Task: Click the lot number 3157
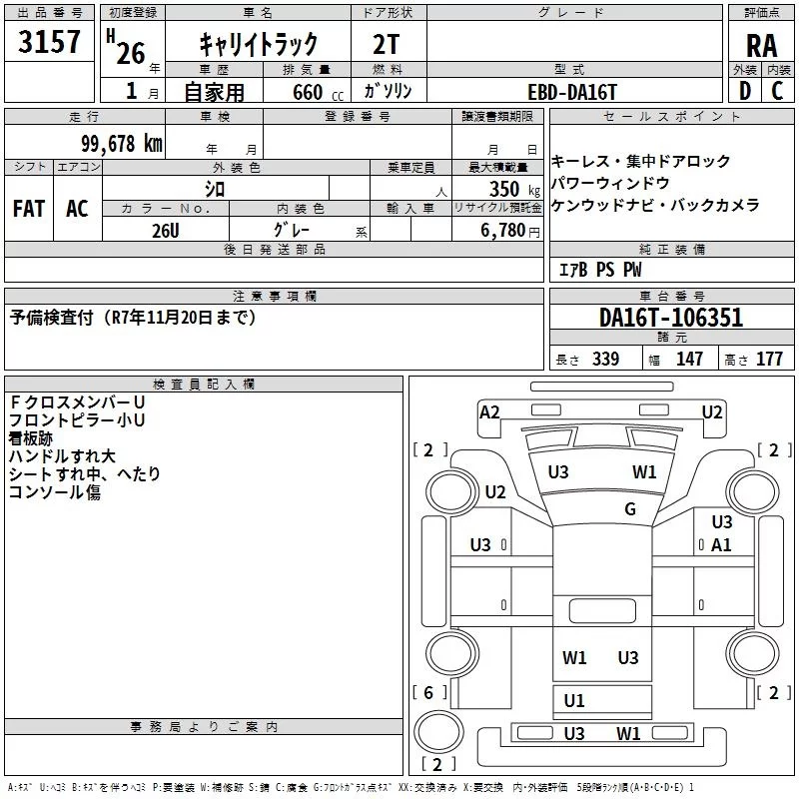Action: tap(49, 42)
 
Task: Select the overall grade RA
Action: tap(762, 46)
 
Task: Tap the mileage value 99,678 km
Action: tap(122, 144)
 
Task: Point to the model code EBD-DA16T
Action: tap(572, 92)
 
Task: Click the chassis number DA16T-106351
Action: tap(671, 318)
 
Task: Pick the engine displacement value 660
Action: tap(308, 92)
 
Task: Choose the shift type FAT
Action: tap(29, 209)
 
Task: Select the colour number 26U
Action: tap(166, 231)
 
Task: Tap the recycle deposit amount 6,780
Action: tap(503, 231)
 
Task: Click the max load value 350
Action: tap(504, 189)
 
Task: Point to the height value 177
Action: tap(769, 359)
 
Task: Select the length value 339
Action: tap(606, 359)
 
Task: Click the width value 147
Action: tap(689, 359)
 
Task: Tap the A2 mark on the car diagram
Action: tap(489, 411)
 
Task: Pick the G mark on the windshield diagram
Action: tap(630, 508)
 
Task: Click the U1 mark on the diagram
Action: tap(574, 701)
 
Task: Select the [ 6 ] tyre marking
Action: tap(429, 692)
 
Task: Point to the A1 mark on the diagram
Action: tap(721, 545)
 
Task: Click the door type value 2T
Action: tap(387, 45)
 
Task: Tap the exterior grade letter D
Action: tap(745, 91)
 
